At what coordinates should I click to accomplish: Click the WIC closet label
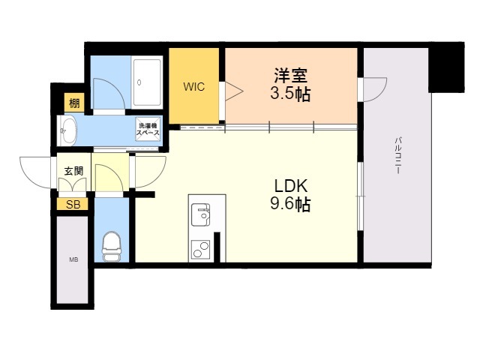click(x=193, y=86)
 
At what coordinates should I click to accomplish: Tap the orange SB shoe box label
click(x=73, y=204)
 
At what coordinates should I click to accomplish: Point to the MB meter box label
click(x=73, y=259)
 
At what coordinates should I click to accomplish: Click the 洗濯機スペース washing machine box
click(x=147, y=129)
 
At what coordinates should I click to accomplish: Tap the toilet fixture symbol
click(x=111, y=245)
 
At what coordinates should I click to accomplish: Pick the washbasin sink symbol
click(x=68, y=130)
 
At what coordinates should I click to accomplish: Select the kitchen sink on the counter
click(x=201, y=214)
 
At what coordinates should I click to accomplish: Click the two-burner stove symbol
click(x=200, y=248)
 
